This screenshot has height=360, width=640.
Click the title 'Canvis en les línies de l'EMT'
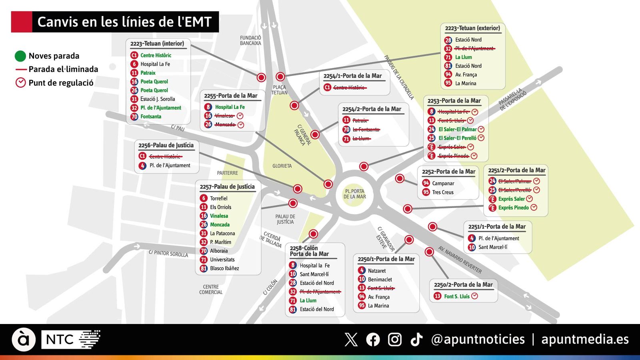tap(124, 22)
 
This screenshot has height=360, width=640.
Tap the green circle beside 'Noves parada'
tap(20, 56)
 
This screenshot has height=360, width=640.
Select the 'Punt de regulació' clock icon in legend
tap(20, 83)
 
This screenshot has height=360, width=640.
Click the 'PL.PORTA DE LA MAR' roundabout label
tap(354, 194)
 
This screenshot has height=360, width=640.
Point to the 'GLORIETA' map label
tap(282, 166)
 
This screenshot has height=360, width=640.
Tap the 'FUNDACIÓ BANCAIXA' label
tap(250, 40)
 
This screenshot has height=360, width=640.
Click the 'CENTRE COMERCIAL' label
tap(211, 290)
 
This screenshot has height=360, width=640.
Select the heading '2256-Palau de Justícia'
tap(166, 145)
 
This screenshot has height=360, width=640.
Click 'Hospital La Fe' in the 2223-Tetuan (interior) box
tap(155, 64)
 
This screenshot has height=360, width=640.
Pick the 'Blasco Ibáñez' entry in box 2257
tap(224, 268)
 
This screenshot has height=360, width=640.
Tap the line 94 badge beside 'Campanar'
tap(426, 183)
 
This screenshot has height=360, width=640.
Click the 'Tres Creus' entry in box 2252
tap(443, 192)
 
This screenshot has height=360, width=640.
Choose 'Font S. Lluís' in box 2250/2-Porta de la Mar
tap(457, 296)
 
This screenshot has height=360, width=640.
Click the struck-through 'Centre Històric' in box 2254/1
tap(349, 88)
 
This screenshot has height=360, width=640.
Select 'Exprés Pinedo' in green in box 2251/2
tap(514, 208)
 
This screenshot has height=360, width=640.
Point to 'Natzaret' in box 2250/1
tap(377, 271)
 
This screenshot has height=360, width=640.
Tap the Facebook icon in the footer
tap(373, 340)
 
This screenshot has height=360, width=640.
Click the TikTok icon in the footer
tap(416, 340)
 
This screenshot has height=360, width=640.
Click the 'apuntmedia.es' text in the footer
tap(585, 340)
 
